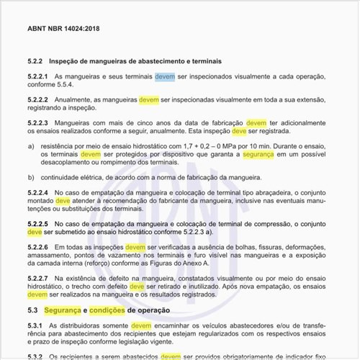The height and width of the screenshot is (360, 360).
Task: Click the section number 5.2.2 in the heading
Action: pyautogui.click(x=36, y=61)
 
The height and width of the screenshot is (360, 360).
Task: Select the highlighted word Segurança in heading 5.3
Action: pyautogui.click(x=63, y=310)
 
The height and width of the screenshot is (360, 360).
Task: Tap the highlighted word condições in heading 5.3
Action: pyautogui.click(x=107, y=310)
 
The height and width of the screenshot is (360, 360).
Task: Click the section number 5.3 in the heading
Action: pyautogui.click(x=32, y=310)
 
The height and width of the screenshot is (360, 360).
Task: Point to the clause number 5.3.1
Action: pyautogui.click(x=35, y=325)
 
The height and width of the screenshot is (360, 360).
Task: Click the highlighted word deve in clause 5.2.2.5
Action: pyautogui.click(x=35, y=233)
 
